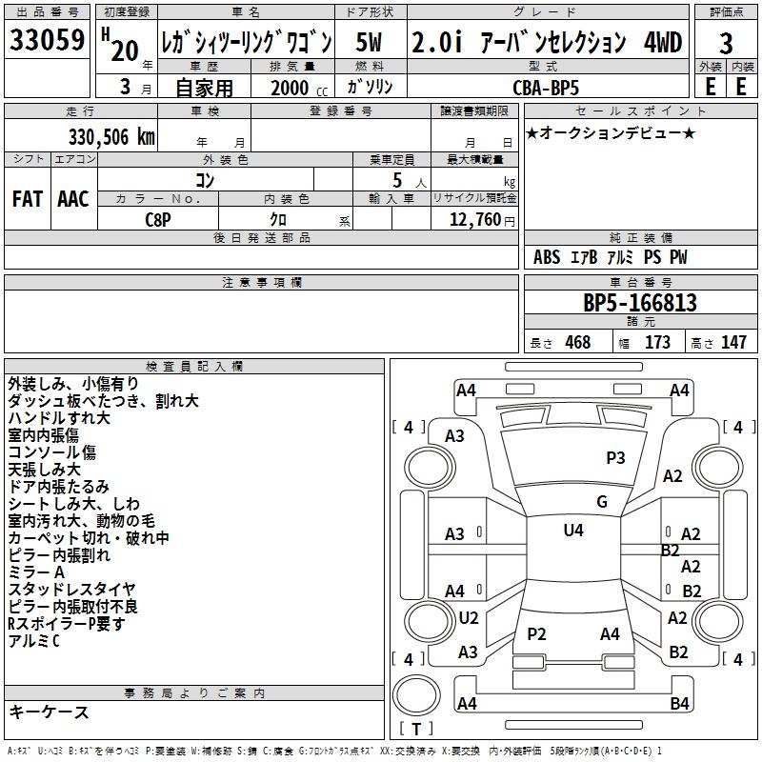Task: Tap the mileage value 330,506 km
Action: (x=110, y=136)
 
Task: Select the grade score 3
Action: (x=726, y=43)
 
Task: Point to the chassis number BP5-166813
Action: (x=639, y=304)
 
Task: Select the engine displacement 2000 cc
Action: (x=291, y=87)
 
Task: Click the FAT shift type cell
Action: (x=27, y=199)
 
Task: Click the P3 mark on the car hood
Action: (x=615, y=457)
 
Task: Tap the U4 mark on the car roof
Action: (x=572, y=531)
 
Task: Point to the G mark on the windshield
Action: (x=601, y=502)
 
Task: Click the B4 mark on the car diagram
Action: (x=678, y=704)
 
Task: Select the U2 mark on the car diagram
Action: (x=468, y=617)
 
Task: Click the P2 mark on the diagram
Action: (x=536, y=633)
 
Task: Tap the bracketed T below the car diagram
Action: (x=415, y=730)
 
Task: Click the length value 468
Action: (x=577, y=342)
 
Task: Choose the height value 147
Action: (x=733, y=342)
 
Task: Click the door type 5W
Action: (x=371, y=42)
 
